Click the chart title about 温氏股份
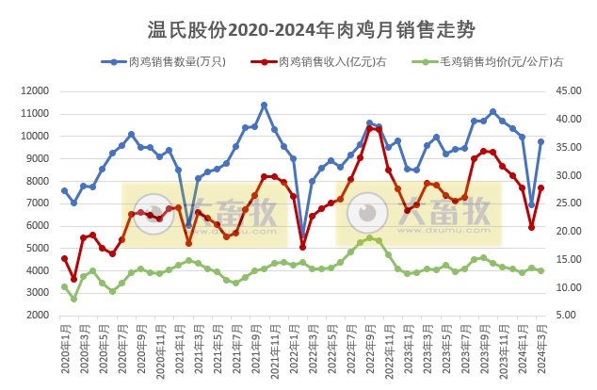pos(298,33)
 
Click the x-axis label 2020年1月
pos(65,350)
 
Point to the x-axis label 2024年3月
pos(541,350)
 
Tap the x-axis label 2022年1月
pos(302,350)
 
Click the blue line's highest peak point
pos(264,105)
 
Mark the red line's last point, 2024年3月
pos(541,187)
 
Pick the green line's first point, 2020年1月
pos(64,286)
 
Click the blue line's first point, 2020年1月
pos(64,190)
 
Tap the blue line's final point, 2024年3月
pos(541,142)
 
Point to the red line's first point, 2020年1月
pos(64,258)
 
